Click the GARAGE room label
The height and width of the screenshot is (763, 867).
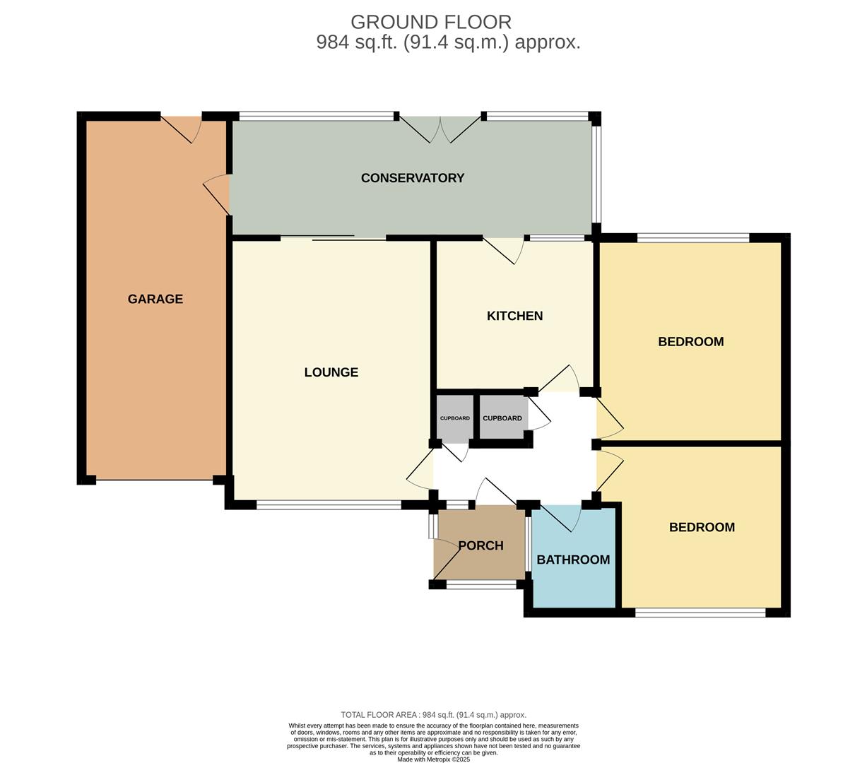tap(155, 299)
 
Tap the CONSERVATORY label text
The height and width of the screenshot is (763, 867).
tap(412, 178)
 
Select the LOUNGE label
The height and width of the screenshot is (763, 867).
tap(331, 372)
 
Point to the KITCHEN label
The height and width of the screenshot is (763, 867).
tap(514, 316)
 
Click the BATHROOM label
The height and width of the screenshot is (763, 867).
tap(573, 560)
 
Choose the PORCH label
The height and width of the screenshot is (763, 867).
tap(480, 545)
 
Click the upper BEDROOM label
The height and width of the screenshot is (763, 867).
tap(690, 342)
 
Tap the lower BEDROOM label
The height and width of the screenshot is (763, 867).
tap(702, 527)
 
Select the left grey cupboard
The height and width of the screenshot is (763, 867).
tap(454, 418)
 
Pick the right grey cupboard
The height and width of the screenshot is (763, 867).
tap(502, 418)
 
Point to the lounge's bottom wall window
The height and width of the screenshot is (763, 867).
tap(329, 505)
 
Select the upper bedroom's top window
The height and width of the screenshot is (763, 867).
tap(692, 238)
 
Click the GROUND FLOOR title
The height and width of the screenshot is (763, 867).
tap(430, 22)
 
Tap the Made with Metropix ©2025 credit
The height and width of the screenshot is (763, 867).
tap(433, 759)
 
